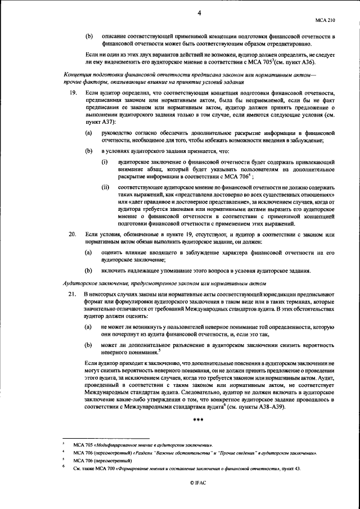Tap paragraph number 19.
click(72, 92)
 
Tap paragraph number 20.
click(72, 233)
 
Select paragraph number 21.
click(72, 295)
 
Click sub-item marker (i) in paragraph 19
click(105, 162)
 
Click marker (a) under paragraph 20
click(88, 253)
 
